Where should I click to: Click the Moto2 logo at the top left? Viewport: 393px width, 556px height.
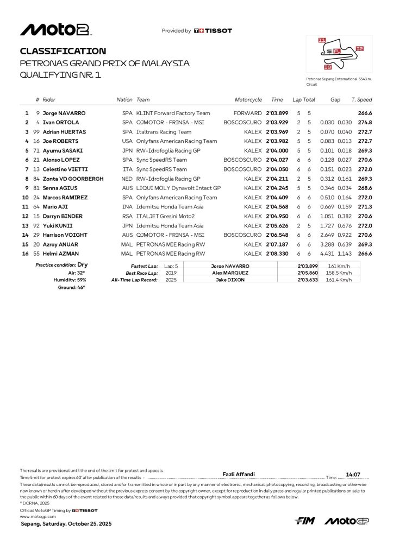[55, 30]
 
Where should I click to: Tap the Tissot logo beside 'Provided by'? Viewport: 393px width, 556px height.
[213, 31]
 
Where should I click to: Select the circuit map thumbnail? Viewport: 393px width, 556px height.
[339, 54]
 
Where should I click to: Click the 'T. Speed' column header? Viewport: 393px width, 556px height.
[361, 100]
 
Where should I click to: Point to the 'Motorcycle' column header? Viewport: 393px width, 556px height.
[248, 100]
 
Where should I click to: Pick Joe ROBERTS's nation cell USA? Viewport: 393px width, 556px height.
[127, 141]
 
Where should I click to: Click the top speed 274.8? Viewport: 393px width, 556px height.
[365, 123]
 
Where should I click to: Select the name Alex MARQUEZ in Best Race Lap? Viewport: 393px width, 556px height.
[230, 273]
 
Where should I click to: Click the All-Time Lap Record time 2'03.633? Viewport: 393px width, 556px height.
[307, 280]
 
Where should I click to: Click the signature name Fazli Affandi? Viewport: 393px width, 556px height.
[239, 474]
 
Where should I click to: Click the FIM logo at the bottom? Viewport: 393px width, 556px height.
[305, 521]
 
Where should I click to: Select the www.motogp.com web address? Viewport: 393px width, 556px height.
[38, 516]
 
